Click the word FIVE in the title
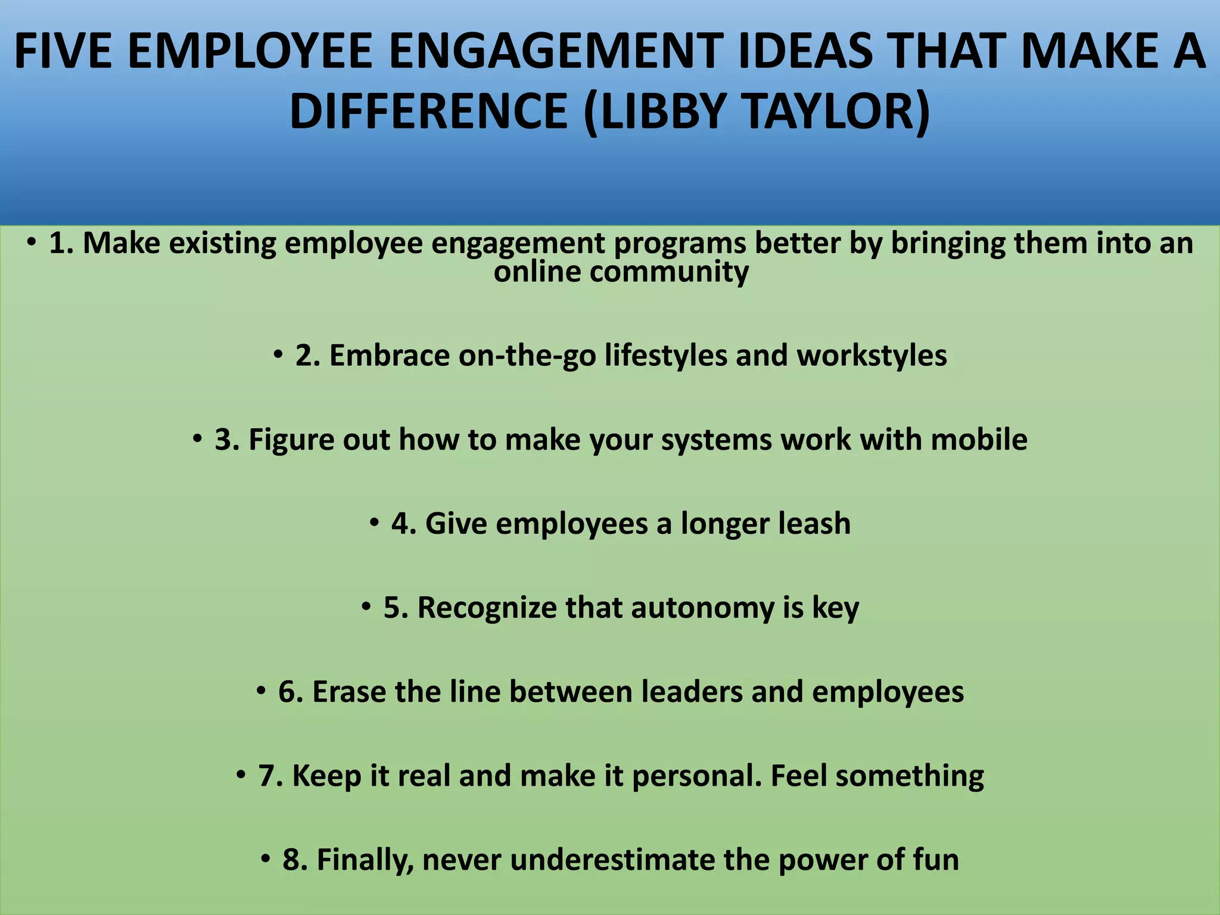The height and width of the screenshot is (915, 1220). [x=62, y=51]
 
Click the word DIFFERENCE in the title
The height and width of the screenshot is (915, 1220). [x=428, y=111]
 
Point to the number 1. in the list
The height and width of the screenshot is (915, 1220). [x=61, y=243]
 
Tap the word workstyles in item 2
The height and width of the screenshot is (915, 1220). [x=872, y=356]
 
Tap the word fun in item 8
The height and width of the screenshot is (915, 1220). [x=936, y=860]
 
